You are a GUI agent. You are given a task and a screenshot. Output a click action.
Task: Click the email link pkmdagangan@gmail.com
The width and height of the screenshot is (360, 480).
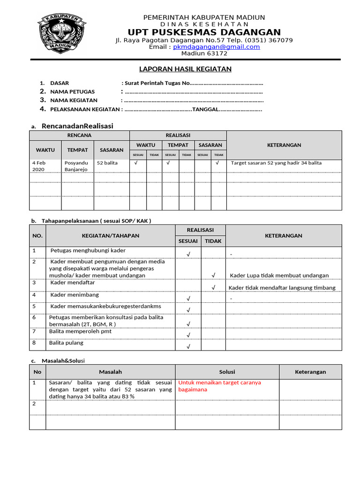[216, 47]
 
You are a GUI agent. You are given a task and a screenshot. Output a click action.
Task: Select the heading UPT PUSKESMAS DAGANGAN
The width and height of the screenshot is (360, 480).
[204, 32]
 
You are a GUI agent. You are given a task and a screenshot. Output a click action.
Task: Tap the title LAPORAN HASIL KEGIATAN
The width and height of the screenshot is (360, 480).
[186, 69]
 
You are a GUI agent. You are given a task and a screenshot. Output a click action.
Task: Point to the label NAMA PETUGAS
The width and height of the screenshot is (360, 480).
[72, 91]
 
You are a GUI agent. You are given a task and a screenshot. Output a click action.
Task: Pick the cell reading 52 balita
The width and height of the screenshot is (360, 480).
[107, 163]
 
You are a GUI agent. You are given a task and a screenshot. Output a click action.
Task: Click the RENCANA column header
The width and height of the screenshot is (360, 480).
[79, 135]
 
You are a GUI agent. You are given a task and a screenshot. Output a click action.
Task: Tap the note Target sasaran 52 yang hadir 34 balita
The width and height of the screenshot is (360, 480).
[276, 163]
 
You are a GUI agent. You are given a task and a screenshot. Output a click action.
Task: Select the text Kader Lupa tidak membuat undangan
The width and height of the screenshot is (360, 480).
[279, 275]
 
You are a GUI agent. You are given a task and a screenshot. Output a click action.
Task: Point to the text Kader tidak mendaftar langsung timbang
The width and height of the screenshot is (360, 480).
[282, 287]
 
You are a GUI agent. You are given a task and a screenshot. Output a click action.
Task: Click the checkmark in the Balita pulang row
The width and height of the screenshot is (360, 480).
[188, 346]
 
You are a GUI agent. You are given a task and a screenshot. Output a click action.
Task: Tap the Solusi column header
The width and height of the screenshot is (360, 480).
[227, 372]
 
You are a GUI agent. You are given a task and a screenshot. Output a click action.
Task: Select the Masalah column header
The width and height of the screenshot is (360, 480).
[110, 372]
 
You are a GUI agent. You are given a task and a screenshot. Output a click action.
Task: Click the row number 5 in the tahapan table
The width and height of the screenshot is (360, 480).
[34, 306]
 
